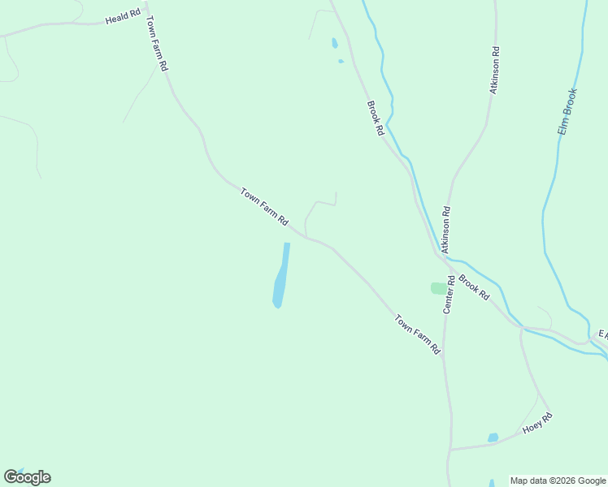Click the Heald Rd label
pos(124,17)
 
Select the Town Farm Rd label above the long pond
pos(264,207)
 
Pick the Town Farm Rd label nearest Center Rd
pos(418,334)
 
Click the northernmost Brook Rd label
pos(375,118)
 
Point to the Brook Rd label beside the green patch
pos(474,288)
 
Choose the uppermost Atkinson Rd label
pos(494,70)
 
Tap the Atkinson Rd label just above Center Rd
pos(445,230)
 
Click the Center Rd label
pos(448,294)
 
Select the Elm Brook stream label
pos(567,112)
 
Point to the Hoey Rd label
pos(537,423)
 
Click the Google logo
pos(28,477)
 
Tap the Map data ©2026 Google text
pos(558,481)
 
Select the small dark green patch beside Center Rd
pos(438,288)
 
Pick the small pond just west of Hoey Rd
pos(493,437)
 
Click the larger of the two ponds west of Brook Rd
pos(334,43)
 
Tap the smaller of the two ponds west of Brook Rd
pos(341,61)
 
